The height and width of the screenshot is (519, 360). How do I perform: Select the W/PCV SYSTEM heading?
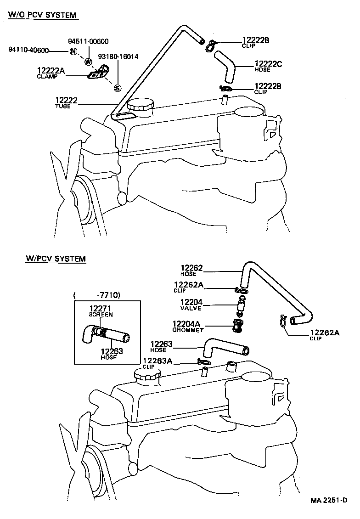click(56, 259)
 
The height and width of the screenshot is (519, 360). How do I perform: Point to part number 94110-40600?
click(29, 51)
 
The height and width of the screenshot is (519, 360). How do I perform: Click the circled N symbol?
click(73, 51)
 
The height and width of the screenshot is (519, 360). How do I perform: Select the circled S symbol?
click(117, 88)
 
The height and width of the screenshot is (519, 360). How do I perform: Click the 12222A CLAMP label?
click(51, 73)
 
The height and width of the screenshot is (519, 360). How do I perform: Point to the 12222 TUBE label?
click(66, 103)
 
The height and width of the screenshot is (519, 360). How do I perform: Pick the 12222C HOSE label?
click(268, 67)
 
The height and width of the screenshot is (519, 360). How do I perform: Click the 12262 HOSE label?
click(191, 271)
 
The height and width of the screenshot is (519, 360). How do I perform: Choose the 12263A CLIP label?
click(157, 363)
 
